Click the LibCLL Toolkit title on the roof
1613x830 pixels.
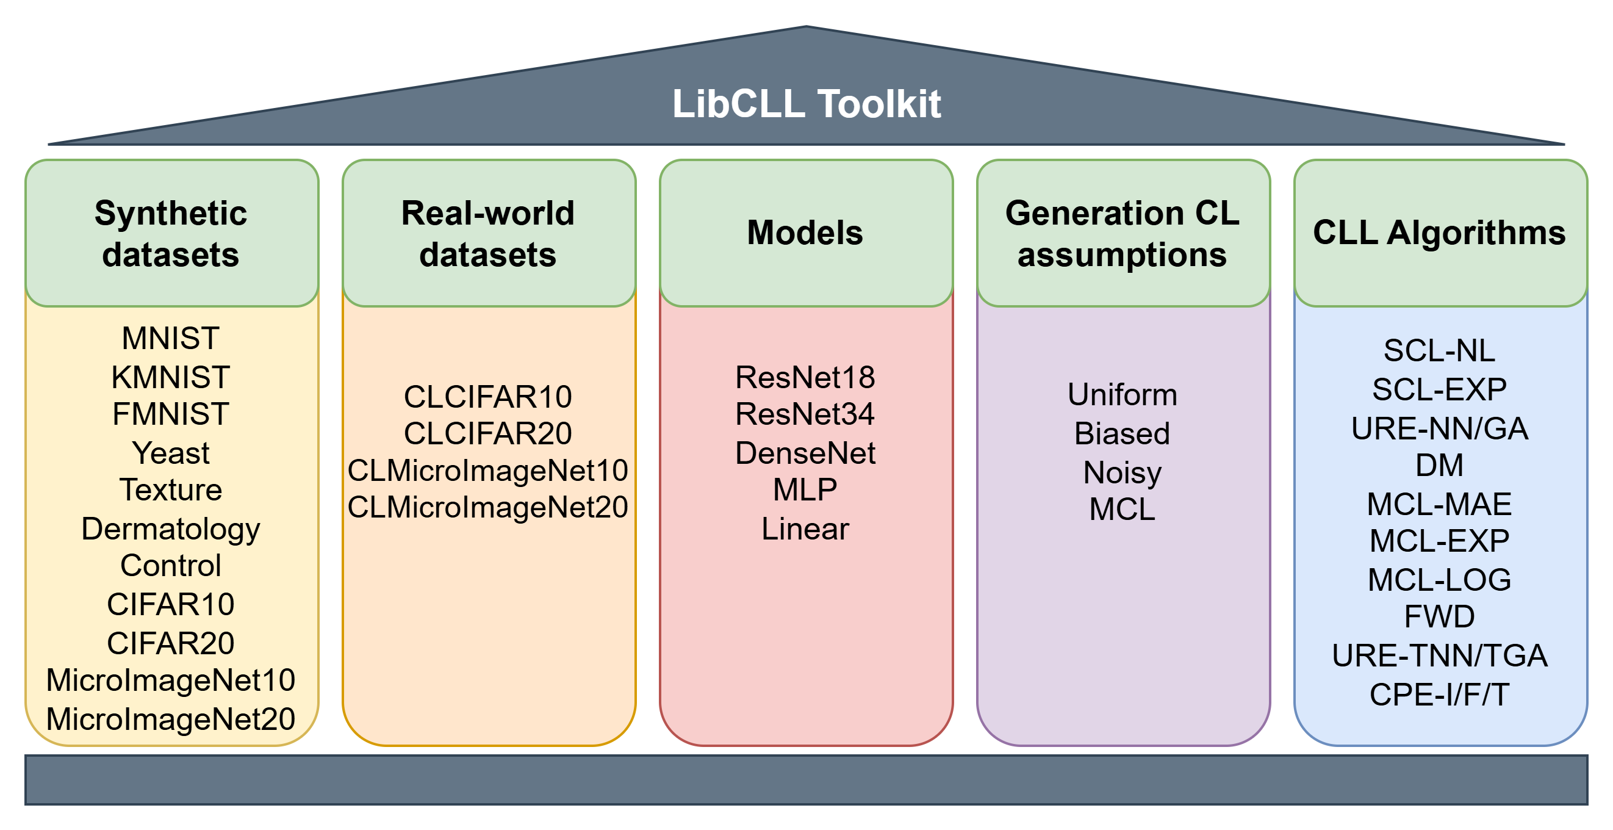click(x=806, y=103)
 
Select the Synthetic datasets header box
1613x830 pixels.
click(x=171, y=233)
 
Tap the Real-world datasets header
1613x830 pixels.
click(x=489, y=233)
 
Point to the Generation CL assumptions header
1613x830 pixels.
click(x=1123, y=233)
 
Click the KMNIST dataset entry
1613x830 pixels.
click(x=171, y=377)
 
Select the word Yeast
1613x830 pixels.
click(x=171, y=453)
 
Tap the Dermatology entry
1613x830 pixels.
click(x=171, y=529)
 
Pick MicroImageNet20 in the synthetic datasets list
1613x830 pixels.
click(x=171, y=719)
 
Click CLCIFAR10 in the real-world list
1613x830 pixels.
click(x=488, y=397)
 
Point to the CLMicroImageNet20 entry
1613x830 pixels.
click(x=488, y=507)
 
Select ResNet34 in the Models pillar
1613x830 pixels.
click(x=805, y=414)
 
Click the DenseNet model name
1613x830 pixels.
click(x=805, y=453)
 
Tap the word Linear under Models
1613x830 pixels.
click(x=805, y=529)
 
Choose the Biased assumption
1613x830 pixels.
click(x=1122, y=433)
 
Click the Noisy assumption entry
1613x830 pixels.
click(x=1122, y=472)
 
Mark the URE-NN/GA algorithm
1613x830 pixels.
click(x=1440, y=429)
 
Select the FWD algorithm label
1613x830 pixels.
click(x=1440, y=617)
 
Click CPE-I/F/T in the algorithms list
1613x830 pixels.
click(x=1440, y=695)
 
